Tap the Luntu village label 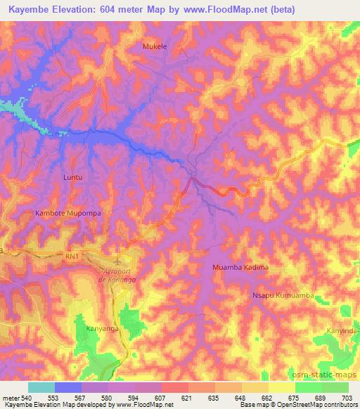coord(73,178)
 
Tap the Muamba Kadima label coord(240,268)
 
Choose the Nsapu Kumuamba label coord(283,296)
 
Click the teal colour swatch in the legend coord(41,387)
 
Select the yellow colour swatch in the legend coord(281,387)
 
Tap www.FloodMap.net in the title coord(227,9)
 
